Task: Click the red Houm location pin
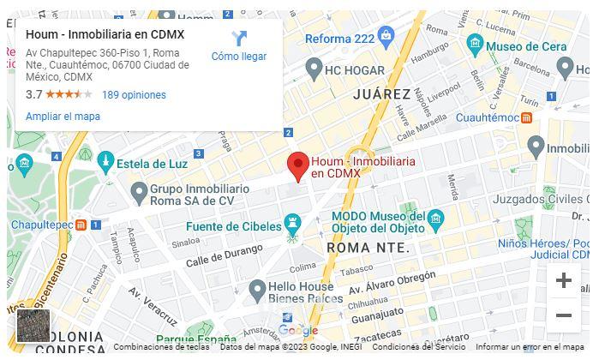297,165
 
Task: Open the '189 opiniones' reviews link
134,95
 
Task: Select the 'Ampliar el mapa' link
63,117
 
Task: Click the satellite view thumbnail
33,327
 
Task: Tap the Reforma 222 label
340,39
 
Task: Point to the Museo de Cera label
528,46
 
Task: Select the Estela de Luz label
152,164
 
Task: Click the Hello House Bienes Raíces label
305,292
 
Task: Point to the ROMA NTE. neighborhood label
368,248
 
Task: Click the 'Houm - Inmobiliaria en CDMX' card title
105,34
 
